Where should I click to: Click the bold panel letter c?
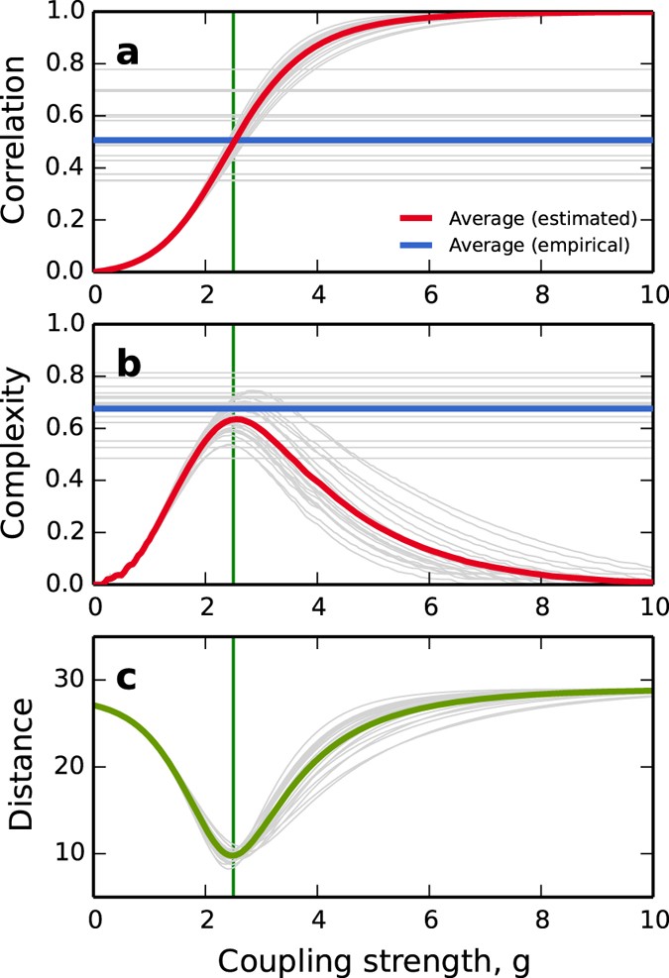tap(127, 679)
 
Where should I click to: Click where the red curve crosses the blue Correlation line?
tap(232, 141)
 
